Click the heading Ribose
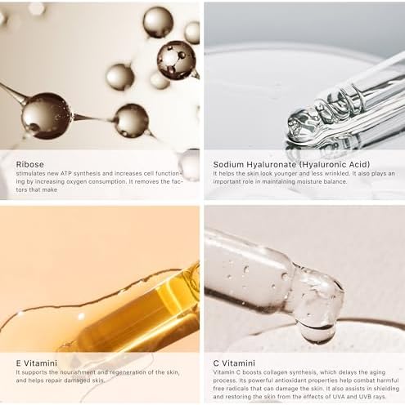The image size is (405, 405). coord(29,164)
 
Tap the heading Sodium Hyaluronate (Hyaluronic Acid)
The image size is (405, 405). coord(291,164)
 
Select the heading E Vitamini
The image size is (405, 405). coord(37,363)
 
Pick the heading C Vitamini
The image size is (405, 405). coord(234,363)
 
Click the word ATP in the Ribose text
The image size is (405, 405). coord(65,173)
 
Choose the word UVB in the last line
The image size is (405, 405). coord(362,397)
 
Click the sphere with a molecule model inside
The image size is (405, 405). coord(177,60)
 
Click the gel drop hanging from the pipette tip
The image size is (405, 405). coord(317,332)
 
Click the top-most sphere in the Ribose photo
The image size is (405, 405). coord(158,22)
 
